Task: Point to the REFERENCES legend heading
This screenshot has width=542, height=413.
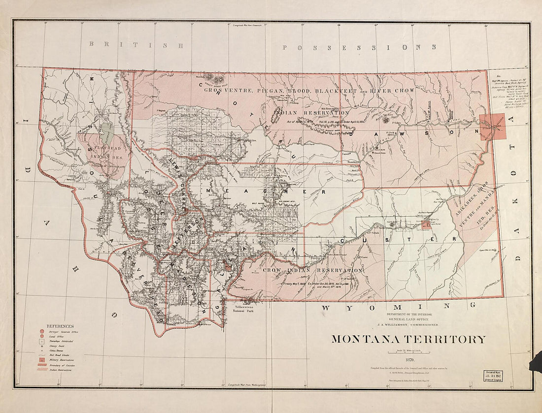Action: pos(60,326)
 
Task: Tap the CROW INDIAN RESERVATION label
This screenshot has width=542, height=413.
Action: pos(313,271)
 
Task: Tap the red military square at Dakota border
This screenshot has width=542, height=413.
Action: pos(493,127)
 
